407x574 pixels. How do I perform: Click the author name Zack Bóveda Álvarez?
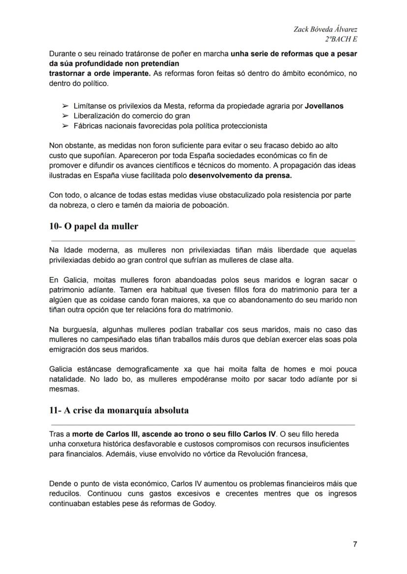click(x=325, y=30)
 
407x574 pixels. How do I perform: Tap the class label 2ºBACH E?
click(x=341, y=39)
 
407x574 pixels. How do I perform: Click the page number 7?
click(x=354, y=544)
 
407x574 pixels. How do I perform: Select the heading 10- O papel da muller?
click(x=94, y=226)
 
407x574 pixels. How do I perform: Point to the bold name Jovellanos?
click(x=324, y=106)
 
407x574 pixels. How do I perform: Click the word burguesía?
click(x=74, y=329)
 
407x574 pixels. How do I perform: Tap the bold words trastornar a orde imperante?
click(x=100, y=74)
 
